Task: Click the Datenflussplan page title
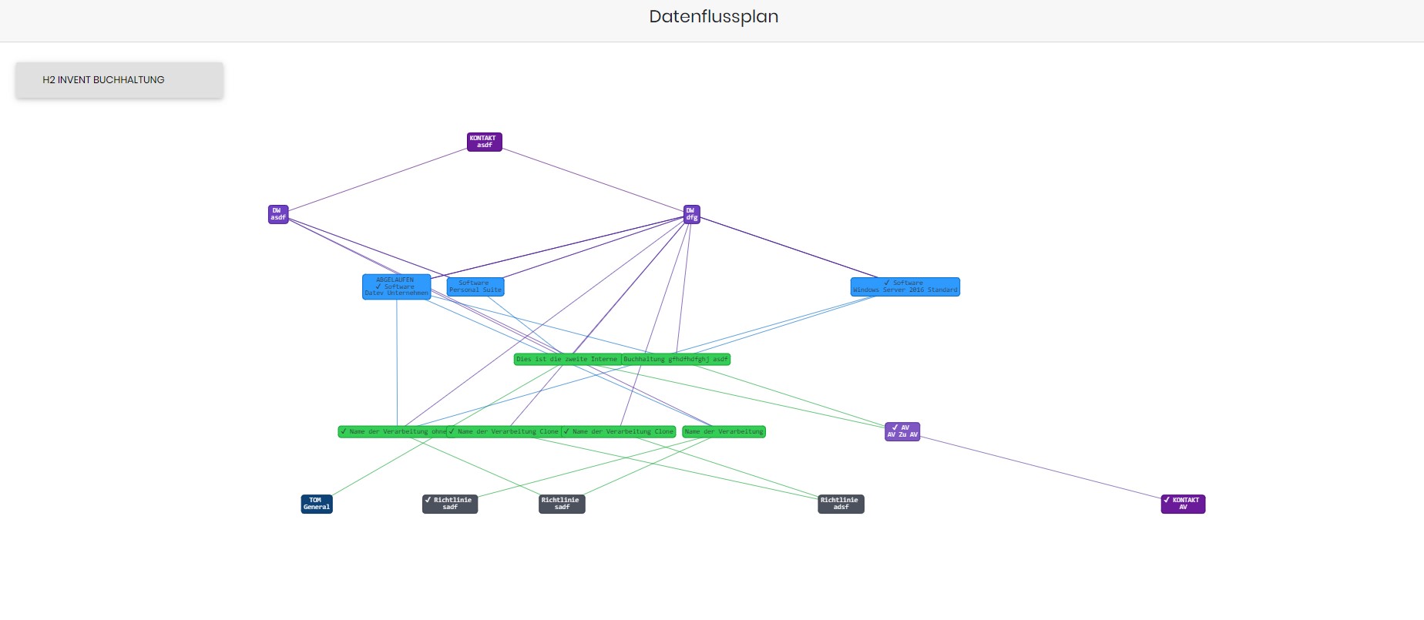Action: pos(714,17)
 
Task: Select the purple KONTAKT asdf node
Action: pos(484,142)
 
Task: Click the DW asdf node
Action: pos(278,214)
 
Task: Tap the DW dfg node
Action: pos(691,214)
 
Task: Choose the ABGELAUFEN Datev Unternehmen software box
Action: pos(396,287)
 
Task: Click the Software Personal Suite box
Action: pos(475,287)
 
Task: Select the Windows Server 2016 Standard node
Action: pos(905,287)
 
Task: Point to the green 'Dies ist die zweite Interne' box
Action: pos(567,359)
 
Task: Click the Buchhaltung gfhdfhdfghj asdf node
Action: pos(676,359)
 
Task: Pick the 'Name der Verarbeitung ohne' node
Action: pos(393,431)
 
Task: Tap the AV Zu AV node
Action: pos(902,431)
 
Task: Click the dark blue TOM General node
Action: pos(316,504)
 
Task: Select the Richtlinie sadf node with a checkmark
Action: pos(450,504)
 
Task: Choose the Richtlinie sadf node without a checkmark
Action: pos(562,504)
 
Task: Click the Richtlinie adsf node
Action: pos(841,504)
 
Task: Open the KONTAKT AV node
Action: pos(1183,504)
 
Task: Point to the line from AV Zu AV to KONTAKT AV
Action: pos(1040,468)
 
